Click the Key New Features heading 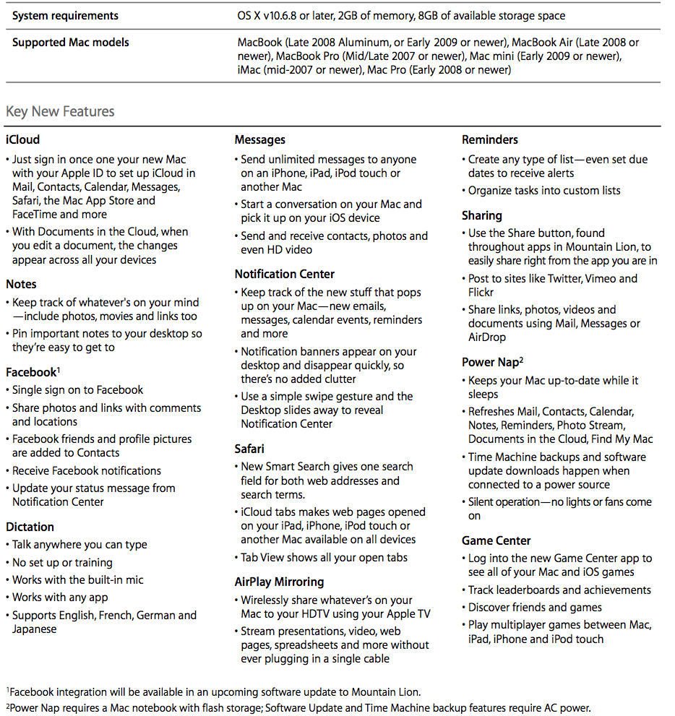pos(60,111)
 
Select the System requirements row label pos(66,15)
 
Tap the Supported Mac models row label pos(71,42)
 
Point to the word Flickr pos(481,292)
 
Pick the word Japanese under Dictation pos(34,629)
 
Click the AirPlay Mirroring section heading pos(279,582)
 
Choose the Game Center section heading pos(496,540)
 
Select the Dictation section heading pos(30,527)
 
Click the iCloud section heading pos(22,139)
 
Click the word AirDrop pos(487,337)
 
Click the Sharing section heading pos(481,215)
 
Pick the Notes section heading pos(21,284)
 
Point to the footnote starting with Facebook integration pos(217,692)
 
